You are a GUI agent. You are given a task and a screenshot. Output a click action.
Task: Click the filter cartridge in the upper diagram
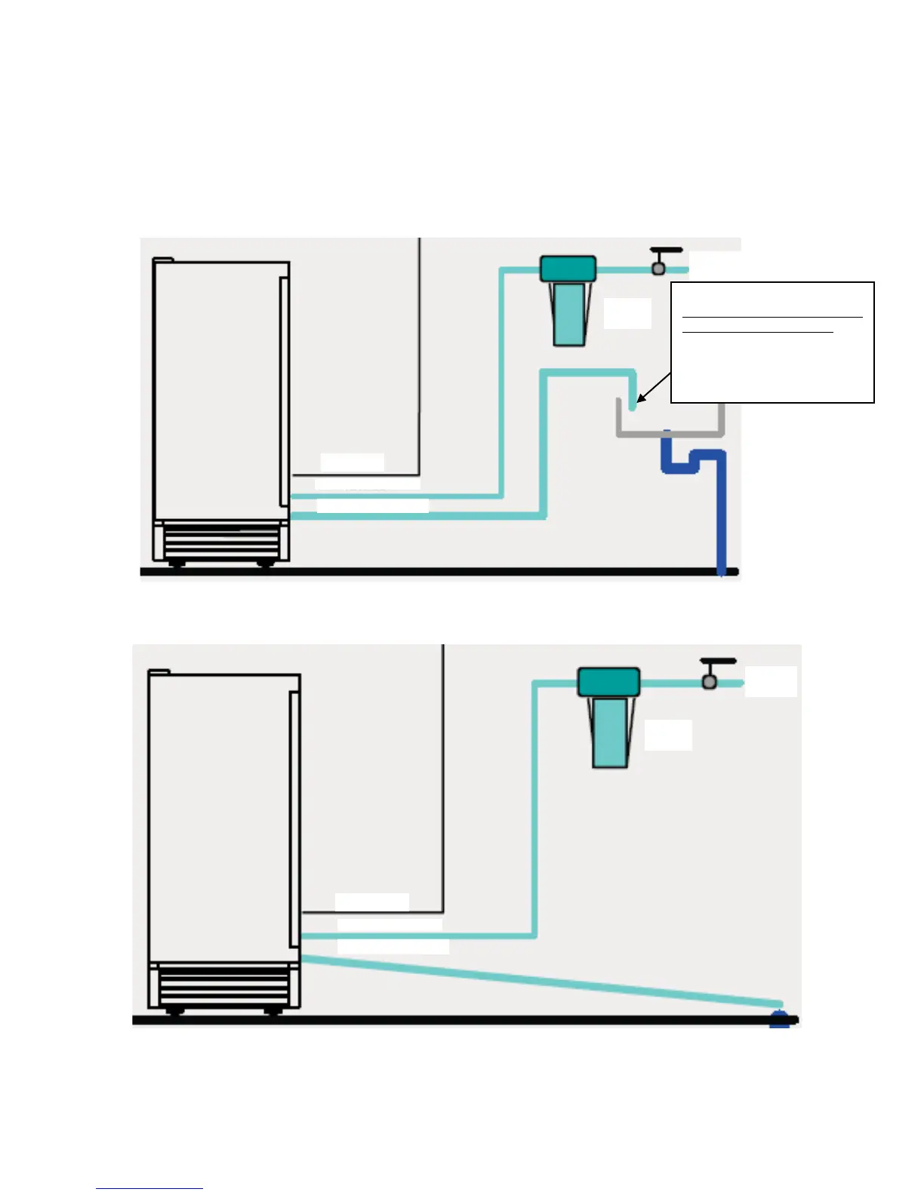tap(568, 313)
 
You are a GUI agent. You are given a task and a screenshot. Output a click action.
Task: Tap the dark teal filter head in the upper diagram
tap(568, 269)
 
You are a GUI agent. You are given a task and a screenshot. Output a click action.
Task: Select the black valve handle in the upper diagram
tap(666, 250)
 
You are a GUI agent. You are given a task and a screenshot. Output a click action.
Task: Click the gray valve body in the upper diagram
tap(658, 268)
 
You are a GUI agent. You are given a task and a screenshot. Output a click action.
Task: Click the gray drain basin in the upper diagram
tap(670, 432)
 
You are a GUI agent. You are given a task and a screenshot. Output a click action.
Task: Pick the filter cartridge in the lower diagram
tap(609, 733)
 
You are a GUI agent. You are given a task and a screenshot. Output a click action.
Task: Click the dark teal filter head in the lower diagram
tap(608, 682)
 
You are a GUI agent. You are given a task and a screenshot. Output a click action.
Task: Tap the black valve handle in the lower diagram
tap(718, 662)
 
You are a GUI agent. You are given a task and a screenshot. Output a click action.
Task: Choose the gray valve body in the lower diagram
tap(709, 682)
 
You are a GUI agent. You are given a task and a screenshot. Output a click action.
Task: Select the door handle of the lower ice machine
tap(294, 819)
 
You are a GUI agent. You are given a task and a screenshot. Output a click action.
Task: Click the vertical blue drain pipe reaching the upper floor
tap(721, 521)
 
